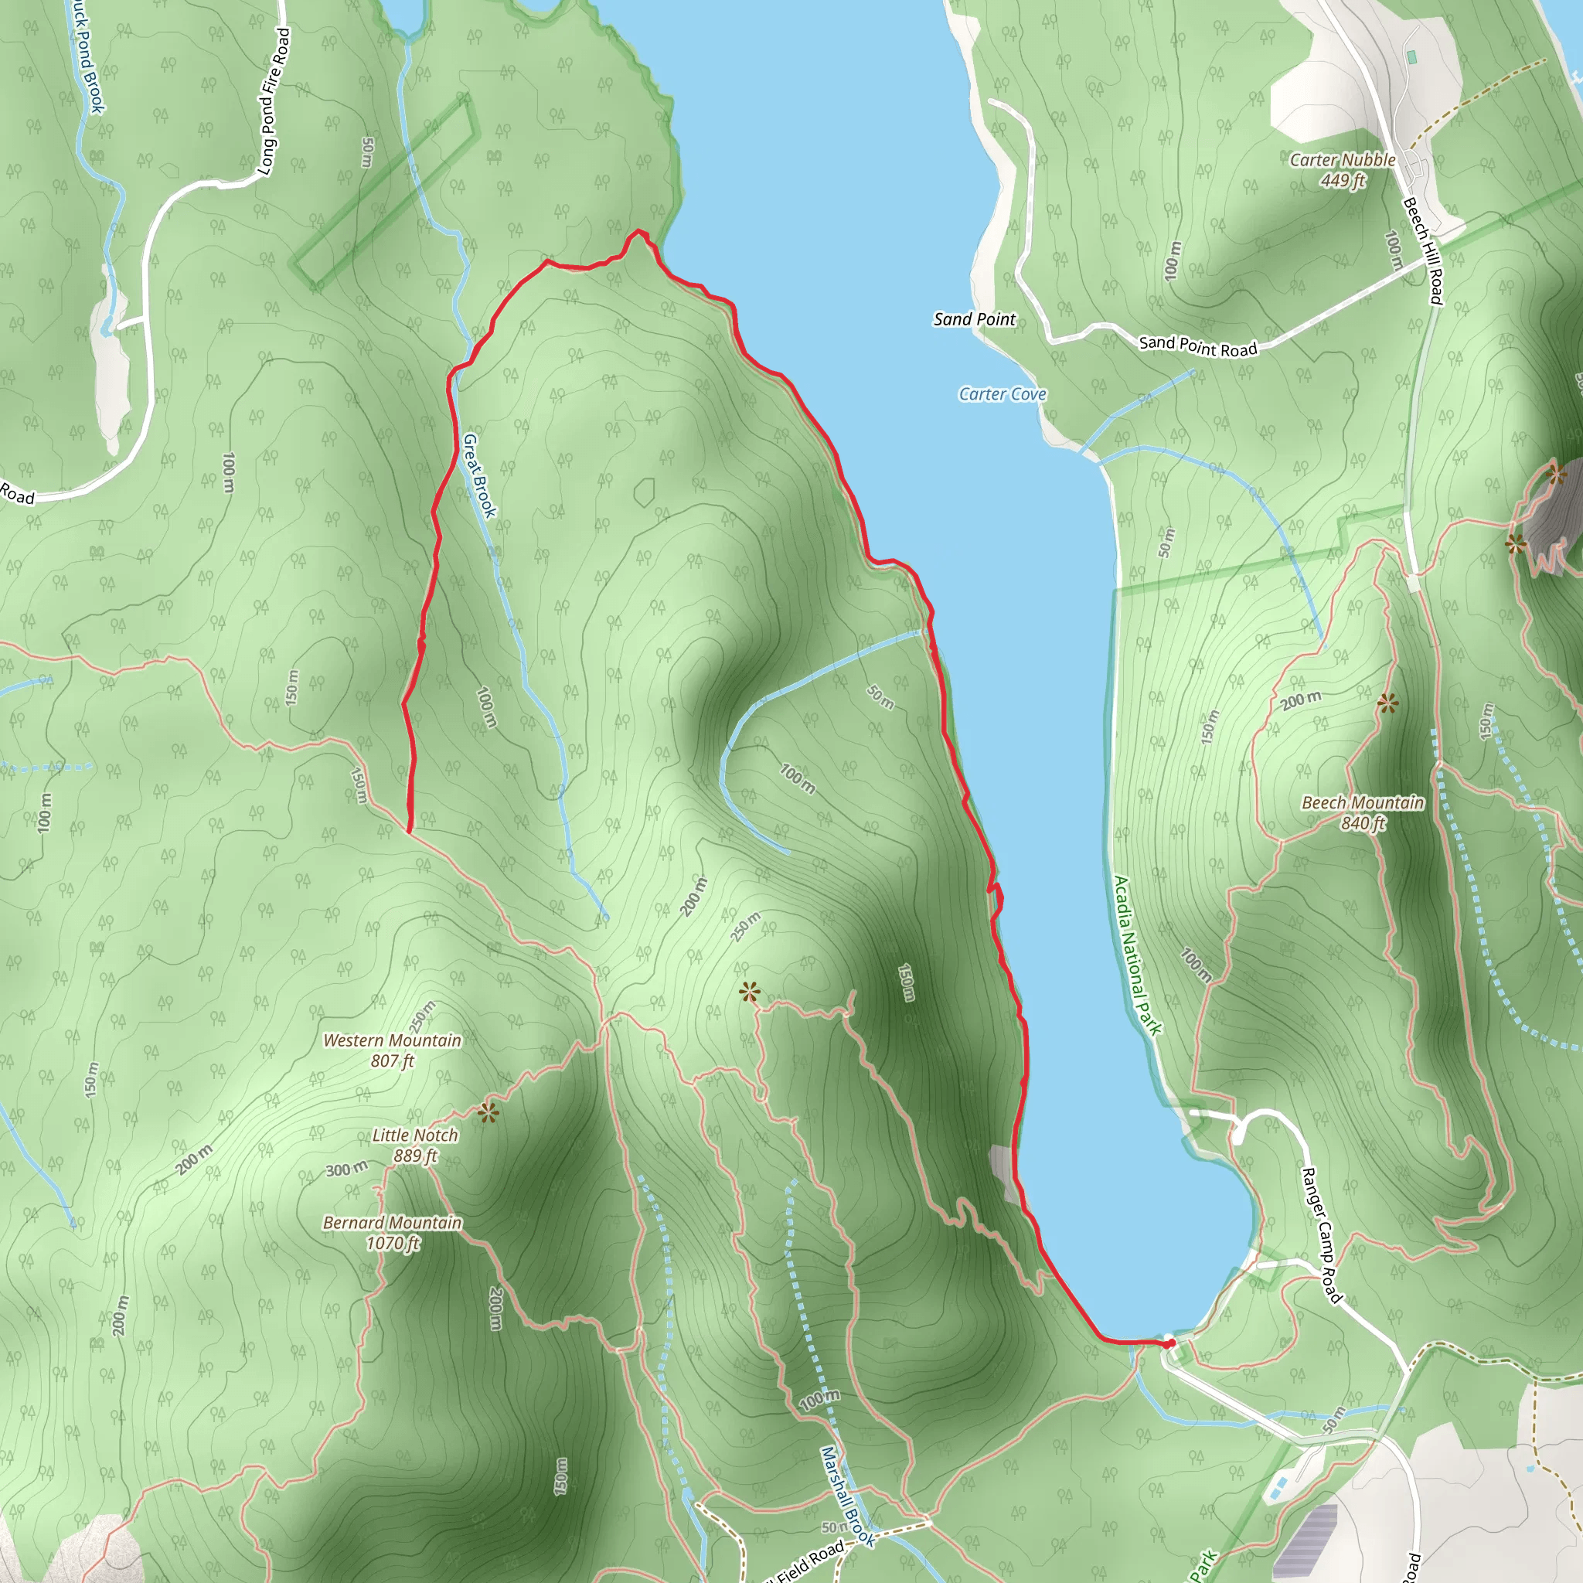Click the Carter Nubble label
pos(1342,161)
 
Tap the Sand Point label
pos(974,319)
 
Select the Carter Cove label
pos(1002,394)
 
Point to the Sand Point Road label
pos(1197,346)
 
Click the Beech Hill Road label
pos(1422,250)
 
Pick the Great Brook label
pos(479,475)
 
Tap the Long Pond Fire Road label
pos(274,101)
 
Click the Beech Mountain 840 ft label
pos(1363,812)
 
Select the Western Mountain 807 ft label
pos(392,1050)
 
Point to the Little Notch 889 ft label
pos(414,1145)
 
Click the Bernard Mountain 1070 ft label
pos(393,1232)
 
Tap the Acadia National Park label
pos(1137,955)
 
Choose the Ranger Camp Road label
pos(1323,1236)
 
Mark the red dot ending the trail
pos(1170,1343)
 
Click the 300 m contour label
pos(346,1169)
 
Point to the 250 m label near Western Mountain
pos(423,1017)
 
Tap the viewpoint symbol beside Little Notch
pos(489,1113)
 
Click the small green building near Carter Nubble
pos(1411,57)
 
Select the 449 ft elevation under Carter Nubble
pos(1342,180)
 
